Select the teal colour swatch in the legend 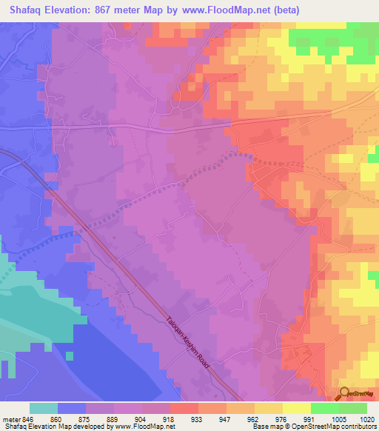coord(44,408)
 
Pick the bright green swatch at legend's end coord(353,408)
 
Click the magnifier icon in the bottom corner coord(343,394)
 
